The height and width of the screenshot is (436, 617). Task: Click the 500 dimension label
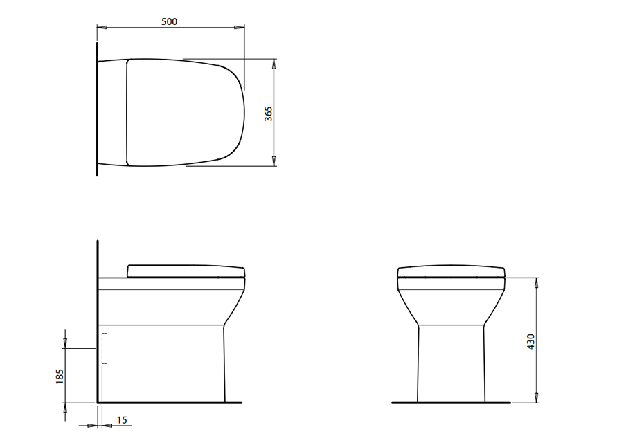(169, 21)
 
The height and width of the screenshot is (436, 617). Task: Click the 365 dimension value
(269, 113)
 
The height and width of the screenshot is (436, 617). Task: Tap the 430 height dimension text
(531, 342)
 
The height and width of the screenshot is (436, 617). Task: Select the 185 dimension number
(60, 376)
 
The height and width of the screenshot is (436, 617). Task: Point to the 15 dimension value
(122, 420)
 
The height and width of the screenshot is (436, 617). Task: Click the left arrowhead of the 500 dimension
(102, 27)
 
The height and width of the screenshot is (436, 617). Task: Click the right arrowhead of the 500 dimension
(239, 27)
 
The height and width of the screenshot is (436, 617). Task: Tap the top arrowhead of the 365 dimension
(274, 64)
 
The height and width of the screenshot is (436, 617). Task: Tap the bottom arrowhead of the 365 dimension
(274, 161)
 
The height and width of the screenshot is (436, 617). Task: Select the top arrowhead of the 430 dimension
(537, 282)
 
